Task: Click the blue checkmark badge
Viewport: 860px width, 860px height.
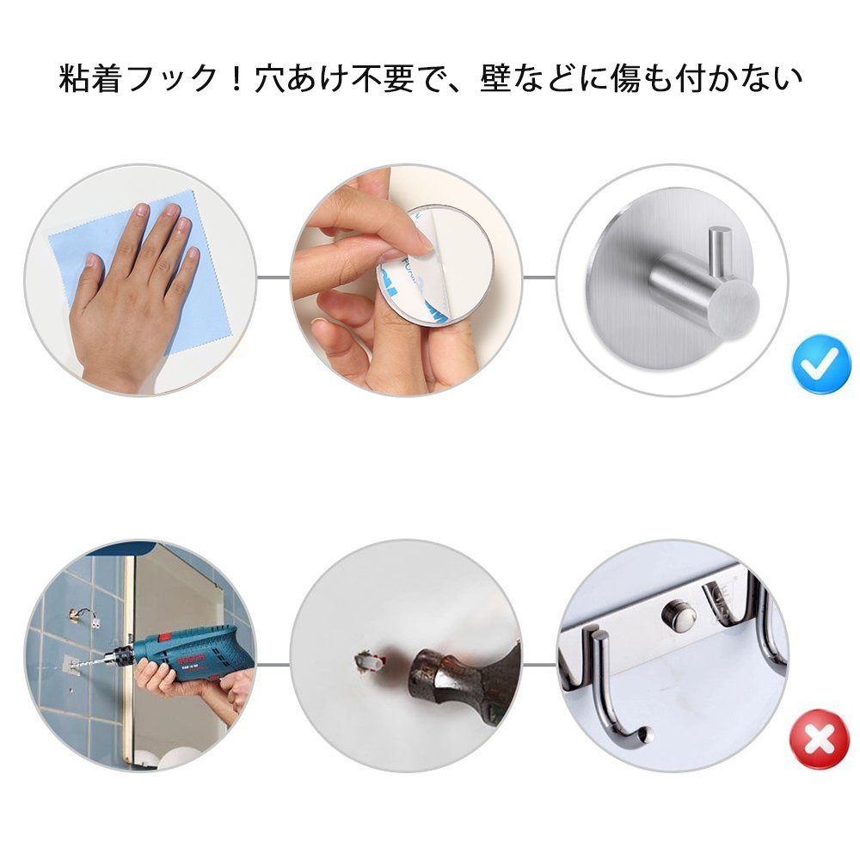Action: click(821, 363)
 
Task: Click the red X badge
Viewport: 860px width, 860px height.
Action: click(819, 740)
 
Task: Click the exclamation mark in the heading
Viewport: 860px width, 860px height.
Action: click(237, 78)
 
